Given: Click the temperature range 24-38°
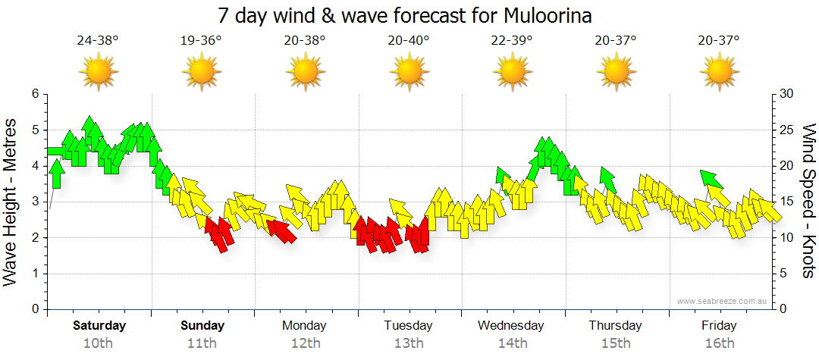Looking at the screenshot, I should (98, 40).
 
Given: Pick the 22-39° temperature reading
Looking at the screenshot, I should (512, 40).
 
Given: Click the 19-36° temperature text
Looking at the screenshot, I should (201, 40).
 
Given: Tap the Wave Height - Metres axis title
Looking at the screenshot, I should (11, 202).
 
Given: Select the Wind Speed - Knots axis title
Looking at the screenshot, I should (808, 201).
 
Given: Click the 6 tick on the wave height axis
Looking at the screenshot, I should (34, 94).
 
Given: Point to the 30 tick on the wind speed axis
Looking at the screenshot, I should (786, 94).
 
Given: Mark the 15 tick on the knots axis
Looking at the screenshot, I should (786, 202).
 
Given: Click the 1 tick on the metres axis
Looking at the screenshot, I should (34, 274).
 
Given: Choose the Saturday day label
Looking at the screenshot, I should (99, 326).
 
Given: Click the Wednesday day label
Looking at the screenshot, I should (511, 326).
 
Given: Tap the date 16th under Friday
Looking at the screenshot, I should (719, 343).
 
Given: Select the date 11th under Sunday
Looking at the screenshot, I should (202, 343).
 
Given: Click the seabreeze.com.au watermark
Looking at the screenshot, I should (723, 301).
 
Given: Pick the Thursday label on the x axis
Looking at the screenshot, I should (615, 326).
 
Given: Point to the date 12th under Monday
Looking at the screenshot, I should (305, 343).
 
